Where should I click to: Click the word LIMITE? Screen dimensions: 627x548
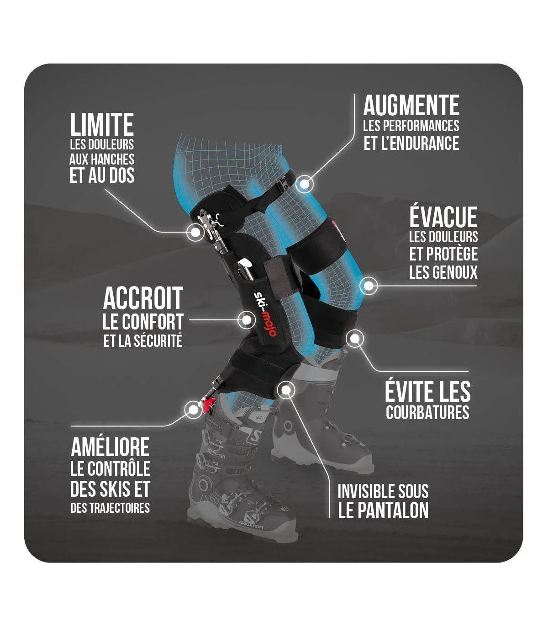pyautogui.click(x=102, y=125)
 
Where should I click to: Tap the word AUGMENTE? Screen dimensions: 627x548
pyautogui.click(x=411, y=106)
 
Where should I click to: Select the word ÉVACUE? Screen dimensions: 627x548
pyautogui.click(x=443, y=217)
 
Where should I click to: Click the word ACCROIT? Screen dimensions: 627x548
pyautogui.click(x=143, y=298)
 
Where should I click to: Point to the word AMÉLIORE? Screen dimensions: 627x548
pyautogui.click(x=110, y=447)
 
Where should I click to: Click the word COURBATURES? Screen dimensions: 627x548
pyautogui.click(x=427, y=412)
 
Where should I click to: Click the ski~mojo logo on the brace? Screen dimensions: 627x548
pyautogui.click(x=264, y=314)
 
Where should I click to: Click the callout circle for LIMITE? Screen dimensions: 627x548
pyautogui.click(x=195, y=232)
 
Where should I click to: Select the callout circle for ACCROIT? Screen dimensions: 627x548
pyautogui.click(x=247, y=319)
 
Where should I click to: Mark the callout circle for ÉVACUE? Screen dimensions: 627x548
pyautogui.click(x=369, y=286)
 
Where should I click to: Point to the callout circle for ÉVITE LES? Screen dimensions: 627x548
pyautogui.click(x=355, y=339)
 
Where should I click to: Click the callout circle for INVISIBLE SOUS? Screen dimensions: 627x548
pyautogui.click(x=286, y=390)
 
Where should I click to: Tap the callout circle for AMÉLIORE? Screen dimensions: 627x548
pyautogui.click(x=192, y=408)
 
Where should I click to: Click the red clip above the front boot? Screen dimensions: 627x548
pyautogui.click(x=210, y=404)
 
